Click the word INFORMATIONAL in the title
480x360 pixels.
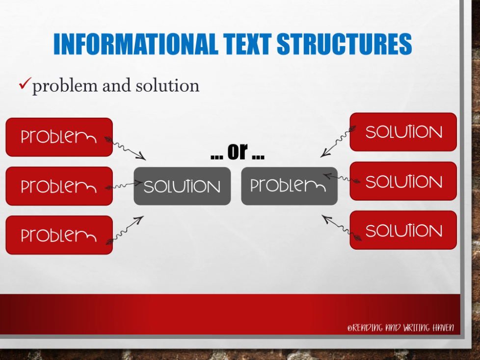click(136, 44)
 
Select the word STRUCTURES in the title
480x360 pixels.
click(345, 44)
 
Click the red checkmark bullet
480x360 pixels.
click(25, 85)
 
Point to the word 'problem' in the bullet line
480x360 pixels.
click(65, 86)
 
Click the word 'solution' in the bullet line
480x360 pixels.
click(167, 85)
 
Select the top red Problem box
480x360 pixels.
click(59, 137)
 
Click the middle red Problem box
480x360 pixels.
click(59, 186)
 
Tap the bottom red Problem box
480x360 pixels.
click(59, 235)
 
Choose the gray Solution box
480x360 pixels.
click(182, 186)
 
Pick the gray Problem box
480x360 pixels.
click(289, 186)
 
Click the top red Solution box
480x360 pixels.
click(403, 132)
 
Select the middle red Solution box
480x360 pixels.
click(403, 181)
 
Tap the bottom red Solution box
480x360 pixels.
click(403, 230)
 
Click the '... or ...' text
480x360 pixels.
click(238, 153)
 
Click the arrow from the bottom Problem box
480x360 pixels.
click(126, 229)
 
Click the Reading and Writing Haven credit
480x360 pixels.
click(400, 327)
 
